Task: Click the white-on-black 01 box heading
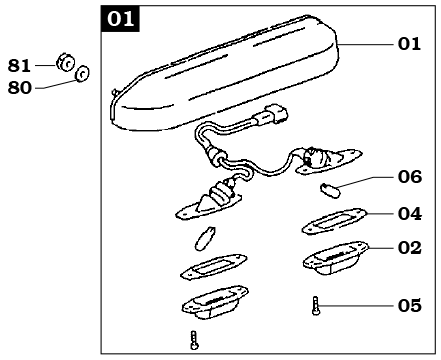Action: (x=120, y=19)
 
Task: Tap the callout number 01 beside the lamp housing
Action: (x=409, y=44)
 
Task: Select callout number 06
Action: (x=410, y=177)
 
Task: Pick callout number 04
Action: (x=410, y=214)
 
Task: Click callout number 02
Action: (x=410, y=248)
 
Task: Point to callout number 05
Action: (x=410, y=306)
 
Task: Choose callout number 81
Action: (x=19, y=66)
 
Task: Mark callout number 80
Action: (x=19, y=88)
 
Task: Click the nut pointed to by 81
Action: (x=65, y=62)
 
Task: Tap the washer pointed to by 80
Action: (x=82, y=74)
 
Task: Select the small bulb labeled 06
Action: (x=330, y=190)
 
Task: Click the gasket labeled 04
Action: (x=334, y=221)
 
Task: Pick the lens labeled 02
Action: (x=335, y=258)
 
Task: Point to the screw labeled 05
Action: (x=316, y=306)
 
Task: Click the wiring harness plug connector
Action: (x=271, y=115)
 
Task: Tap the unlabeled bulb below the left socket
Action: (x=205, y=238)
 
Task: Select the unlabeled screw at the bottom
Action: (x=194, y=340)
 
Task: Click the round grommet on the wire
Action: (x=217, y=156)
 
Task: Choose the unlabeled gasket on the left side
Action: (x=213, y=266)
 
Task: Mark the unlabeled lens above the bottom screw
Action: (x=215, y=302)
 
